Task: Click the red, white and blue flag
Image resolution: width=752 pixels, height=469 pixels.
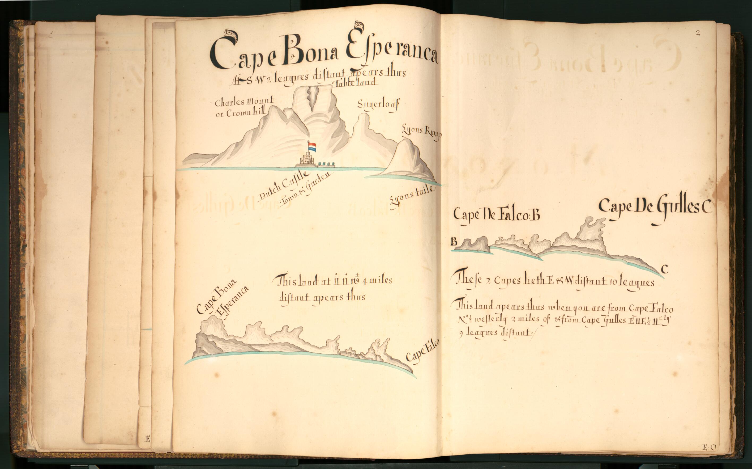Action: click(x=312, y=147)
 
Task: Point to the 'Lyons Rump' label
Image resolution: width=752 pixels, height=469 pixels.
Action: click(x=422, y=132)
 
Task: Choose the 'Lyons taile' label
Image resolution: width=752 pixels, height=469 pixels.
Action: click(x=411, y=195)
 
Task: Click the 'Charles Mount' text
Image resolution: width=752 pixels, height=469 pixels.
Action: click(x=244, y=102)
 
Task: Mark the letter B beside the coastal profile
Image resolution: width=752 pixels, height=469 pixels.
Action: click(x=454, y=241)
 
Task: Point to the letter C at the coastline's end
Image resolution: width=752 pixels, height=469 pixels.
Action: click(x=664, y=269)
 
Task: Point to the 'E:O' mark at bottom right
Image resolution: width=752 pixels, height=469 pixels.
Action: click(x=709, y=447)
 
